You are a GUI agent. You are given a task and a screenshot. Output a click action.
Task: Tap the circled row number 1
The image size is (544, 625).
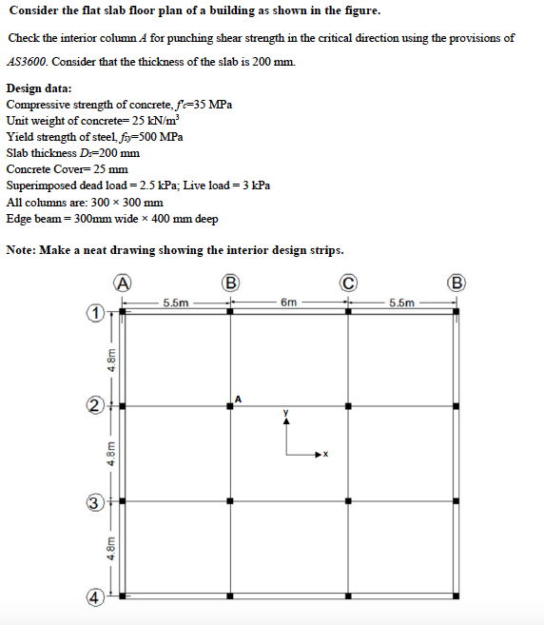95,312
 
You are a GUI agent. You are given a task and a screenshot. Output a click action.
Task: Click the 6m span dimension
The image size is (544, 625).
289,303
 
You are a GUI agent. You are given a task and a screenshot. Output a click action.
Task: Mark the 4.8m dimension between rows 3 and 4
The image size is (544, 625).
111,552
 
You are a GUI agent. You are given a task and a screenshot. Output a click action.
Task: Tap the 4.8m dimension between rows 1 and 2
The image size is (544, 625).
111,360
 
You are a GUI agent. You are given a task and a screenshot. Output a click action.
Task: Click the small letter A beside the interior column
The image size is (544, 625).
240,398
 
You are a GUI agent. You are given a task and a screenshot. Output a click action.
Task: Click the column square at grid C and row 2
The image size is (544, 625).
348,406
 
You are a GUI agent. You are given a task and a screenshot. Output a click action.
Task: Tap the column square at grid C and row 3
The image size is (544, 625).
348,500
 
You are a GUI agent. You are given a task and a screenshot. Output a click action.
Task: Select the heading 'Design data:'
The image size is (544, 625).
45,88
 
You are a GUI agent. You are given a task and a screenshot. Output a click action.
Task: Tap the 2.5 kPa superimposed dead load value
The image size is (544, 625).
156,185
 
